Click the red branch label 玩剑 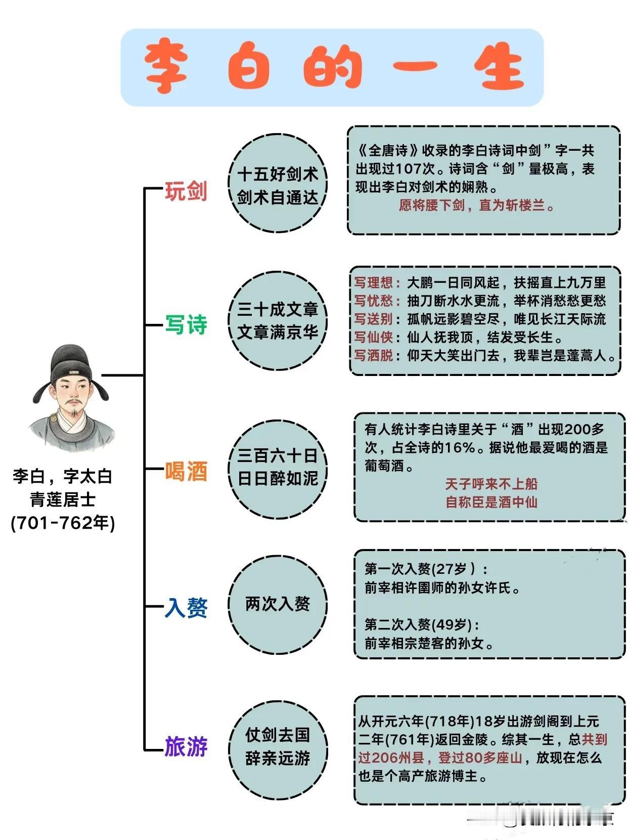[x=186, y=191]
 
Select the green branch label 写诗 [x=186, y=324]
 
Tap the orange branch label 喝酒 [x=186, y=472]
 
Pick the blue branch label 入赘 [x=186, y=607]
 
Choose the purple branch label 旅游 [x=186, y=746]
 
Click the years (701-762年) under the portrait [x=63, y=523]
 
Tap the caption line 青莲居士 [x=63, y=500]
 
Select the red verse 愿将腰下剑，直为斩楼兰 [x=476, y=205]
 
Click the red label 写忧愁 [x=374, y=301]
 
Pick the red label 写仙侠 [x=374, y=337]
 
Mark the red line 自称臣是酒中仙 [x=491, y=502]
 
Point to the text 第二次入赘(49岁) [x=422, y=624]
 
